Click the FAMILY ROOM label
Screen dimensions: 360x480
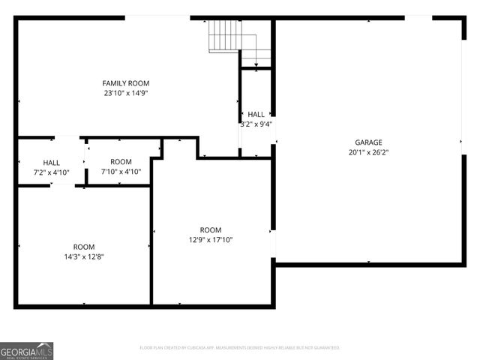click(126, 82)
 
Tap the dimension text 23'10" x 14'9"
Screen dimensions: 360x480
click(126, 93)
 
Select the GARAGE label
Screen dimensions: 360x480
click(368, 142)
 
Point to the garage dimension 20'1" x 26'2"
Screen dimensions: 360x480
click(368, 152)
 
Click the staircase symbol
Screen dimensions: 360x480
click(223, 35)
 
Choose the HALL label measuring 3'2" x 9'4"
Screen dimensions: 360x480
click(256, 114)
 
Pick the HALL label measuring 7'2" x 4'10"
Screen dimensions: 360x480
click(52, 162)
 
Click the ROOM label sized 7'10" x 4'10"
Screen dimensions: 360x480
click(121, 161)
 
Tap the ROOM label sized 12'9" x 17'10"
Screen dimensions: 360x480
click(211, 229)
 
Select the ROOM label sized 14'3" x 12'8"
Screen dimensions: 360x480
click(83, 247)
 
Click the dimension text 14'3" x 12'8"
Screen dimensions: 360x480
click(83, 257)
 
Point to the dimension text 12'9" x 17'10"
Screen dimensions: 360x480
click(211, 240)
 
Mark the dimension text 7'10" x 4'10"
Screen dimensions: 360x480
click(121, 172)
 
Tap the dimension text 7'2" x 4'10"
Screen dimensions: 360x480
click(52, 172)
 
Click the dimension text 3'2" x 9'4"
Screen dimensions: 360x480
click(256, 124)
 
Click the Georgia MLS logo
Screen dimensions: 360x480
click(26, 350)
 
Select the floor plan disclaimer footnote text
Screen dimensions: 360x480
click(239, 348)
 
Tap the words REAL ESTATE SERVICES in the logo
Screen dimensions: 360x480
click(26, 356)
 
